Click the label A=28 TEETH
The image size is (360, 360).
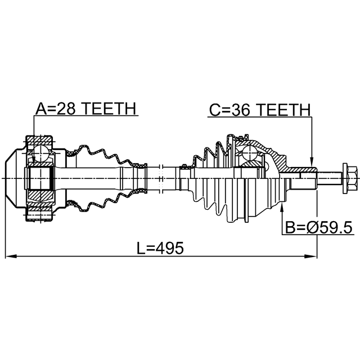85,109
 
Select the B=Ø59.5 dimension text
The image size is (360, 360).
318,228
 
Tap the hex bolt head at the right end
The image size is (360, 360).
347,177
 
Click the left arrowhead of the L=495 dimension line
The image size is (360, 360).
9,257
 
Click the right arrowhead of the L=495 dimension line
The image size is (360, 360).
313,257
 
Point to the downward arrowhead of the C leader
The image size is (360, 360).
310,163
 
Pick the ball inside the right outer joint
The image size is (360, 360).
248,151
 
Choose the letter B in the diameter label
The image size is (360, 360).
290,228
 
